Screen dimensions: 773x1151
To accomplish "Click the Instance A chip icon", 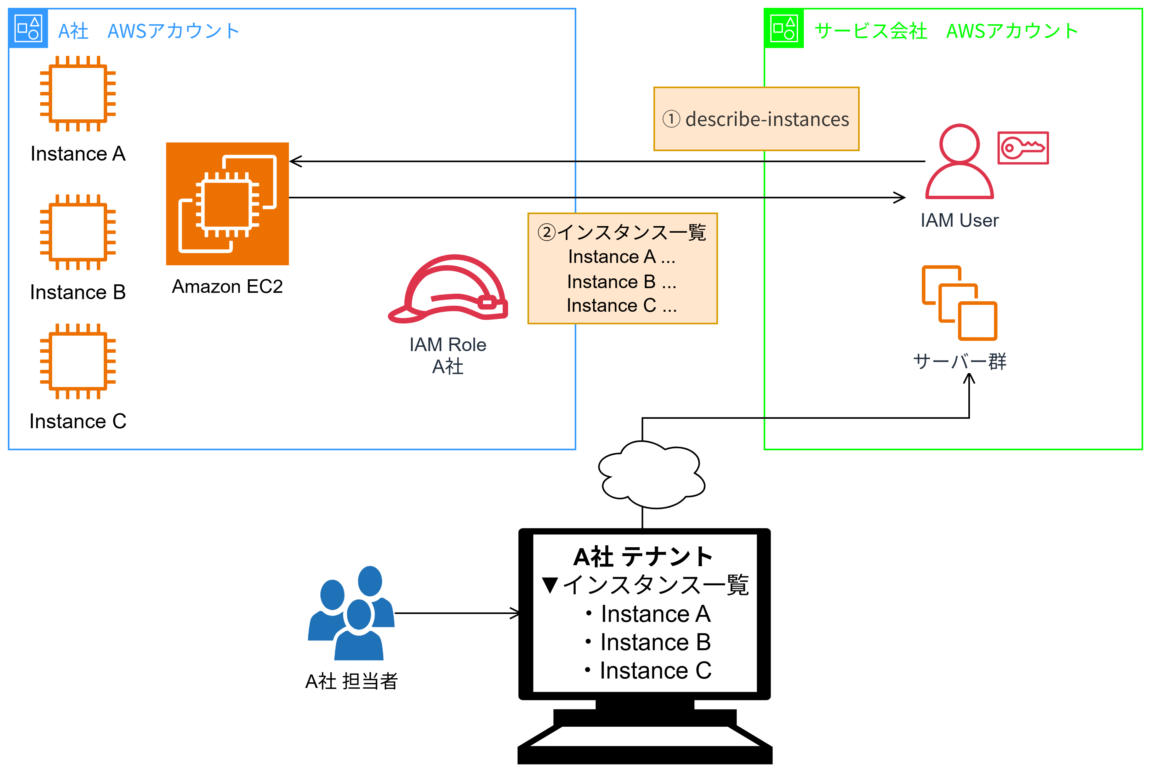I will [x=78, y=93].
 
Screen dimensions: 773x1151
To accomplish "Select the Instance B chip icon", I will [x=78, y=232].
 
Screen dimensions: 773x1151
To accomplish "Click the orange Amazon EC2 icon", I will [x=227, y=204].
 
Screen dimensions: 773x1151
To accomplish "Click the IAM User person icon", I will [x=959, y=161].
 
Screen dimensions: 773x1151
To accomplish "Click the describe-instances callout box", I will [x=756, y=119].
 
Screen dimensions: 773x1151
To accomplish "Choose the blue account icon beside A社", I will [x=28, y=28].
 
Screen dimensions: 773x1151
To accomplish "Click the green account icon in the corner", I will [x=784, y=28].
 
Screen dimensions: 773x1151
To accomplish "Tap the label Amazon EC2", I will [x=227, y=287].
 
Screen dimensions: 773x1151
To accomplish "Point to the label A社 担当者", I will [x=351, y=681].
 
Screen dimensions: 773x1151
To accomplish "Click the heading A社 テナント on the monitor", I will [x=643, y=557].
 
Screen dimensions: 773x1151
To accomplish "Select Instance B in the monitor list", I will [x=655, y=642].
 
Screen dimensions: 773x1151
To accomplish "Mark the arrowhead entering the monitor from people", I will [x=516, y=613].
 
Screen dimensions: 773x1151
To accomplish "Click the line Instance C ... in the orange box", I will [x=622, y=306].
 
